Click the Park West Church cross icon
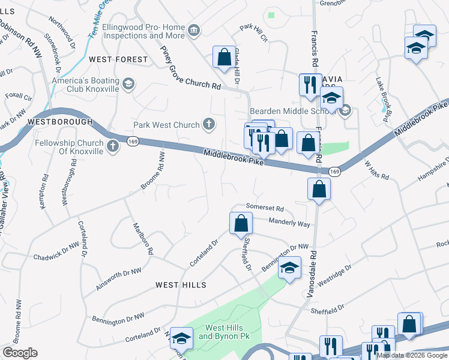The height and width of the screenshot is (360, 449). click(208, 125)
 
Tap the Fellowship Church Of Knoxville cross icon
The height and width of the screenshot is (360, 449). click(113, 145)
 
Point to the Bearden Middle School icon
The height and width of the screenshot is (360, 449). click(345, 110)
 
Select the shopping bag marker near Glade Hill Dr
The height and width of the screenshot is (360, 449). click(224, 58)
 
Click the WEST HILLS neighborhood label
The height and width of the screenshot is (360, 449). click(181, 285)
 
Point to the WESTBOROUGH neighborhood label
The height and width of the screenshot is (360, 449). click(60, 122)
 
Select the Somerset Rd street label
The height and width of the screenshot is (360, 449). click(264, 208)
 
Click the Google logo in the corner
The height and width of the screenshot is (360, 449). click(20, 353)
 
